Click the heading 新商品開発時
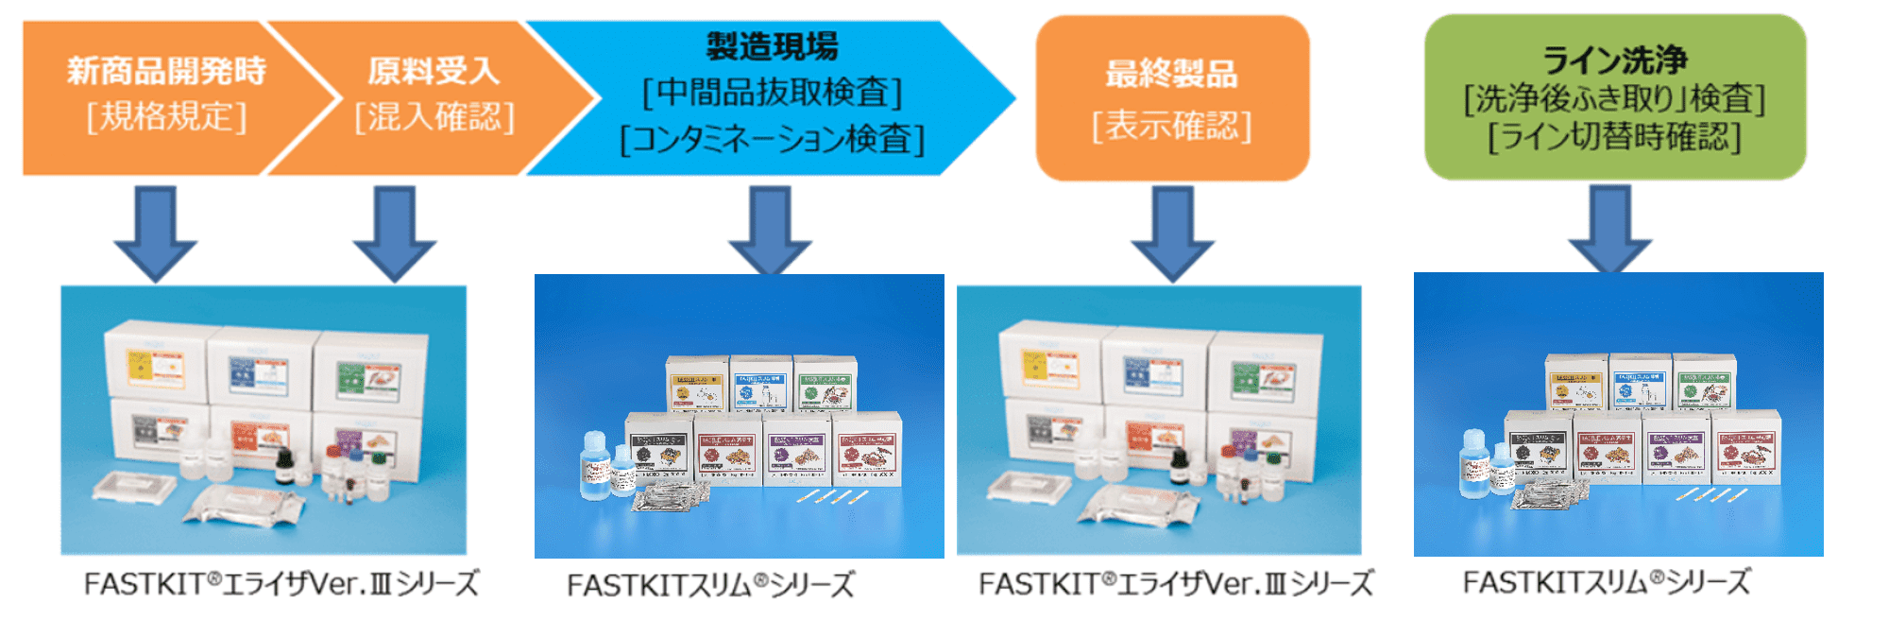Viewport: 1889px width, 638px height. click(x=166, y=71)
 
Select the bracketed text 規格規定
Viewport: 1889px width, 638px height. click(x=166, y=117)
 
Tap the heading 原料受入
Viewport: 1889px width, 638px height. click(x=434, y=71)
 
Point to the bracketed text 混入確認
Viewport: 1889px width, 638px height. click(x=434, y=117)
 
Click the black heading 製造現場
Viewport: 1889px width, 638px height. click(x=772, y=45)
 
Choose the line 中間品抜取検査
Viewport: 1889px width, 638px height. click(x=772, y=93)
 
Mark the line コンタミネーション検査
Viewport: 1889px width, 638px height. click(x=772, y=139)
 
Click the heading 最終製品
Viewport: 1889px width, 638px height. click(x=1171, y=74)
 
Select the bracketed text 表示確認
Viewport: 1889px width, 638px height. click(x=1171, y=125)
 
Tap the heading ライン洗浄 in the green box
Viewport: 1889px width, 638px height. click(x=1614, y=60)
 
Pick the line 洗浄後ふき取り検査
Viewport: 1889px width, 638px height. click(x=1614, y=98)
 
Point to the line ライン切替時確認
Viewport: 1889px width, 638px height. click(x=1614, y=137)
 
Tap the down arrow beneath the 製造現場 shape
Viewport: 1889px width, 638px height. click(x=771, y=232)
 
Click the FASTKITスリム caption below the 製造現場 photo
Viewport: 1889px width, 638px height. click(x=710, y=585)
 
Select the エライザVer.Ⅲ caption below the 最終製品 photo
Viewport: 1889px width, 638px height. click(x=1176, y=584)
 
